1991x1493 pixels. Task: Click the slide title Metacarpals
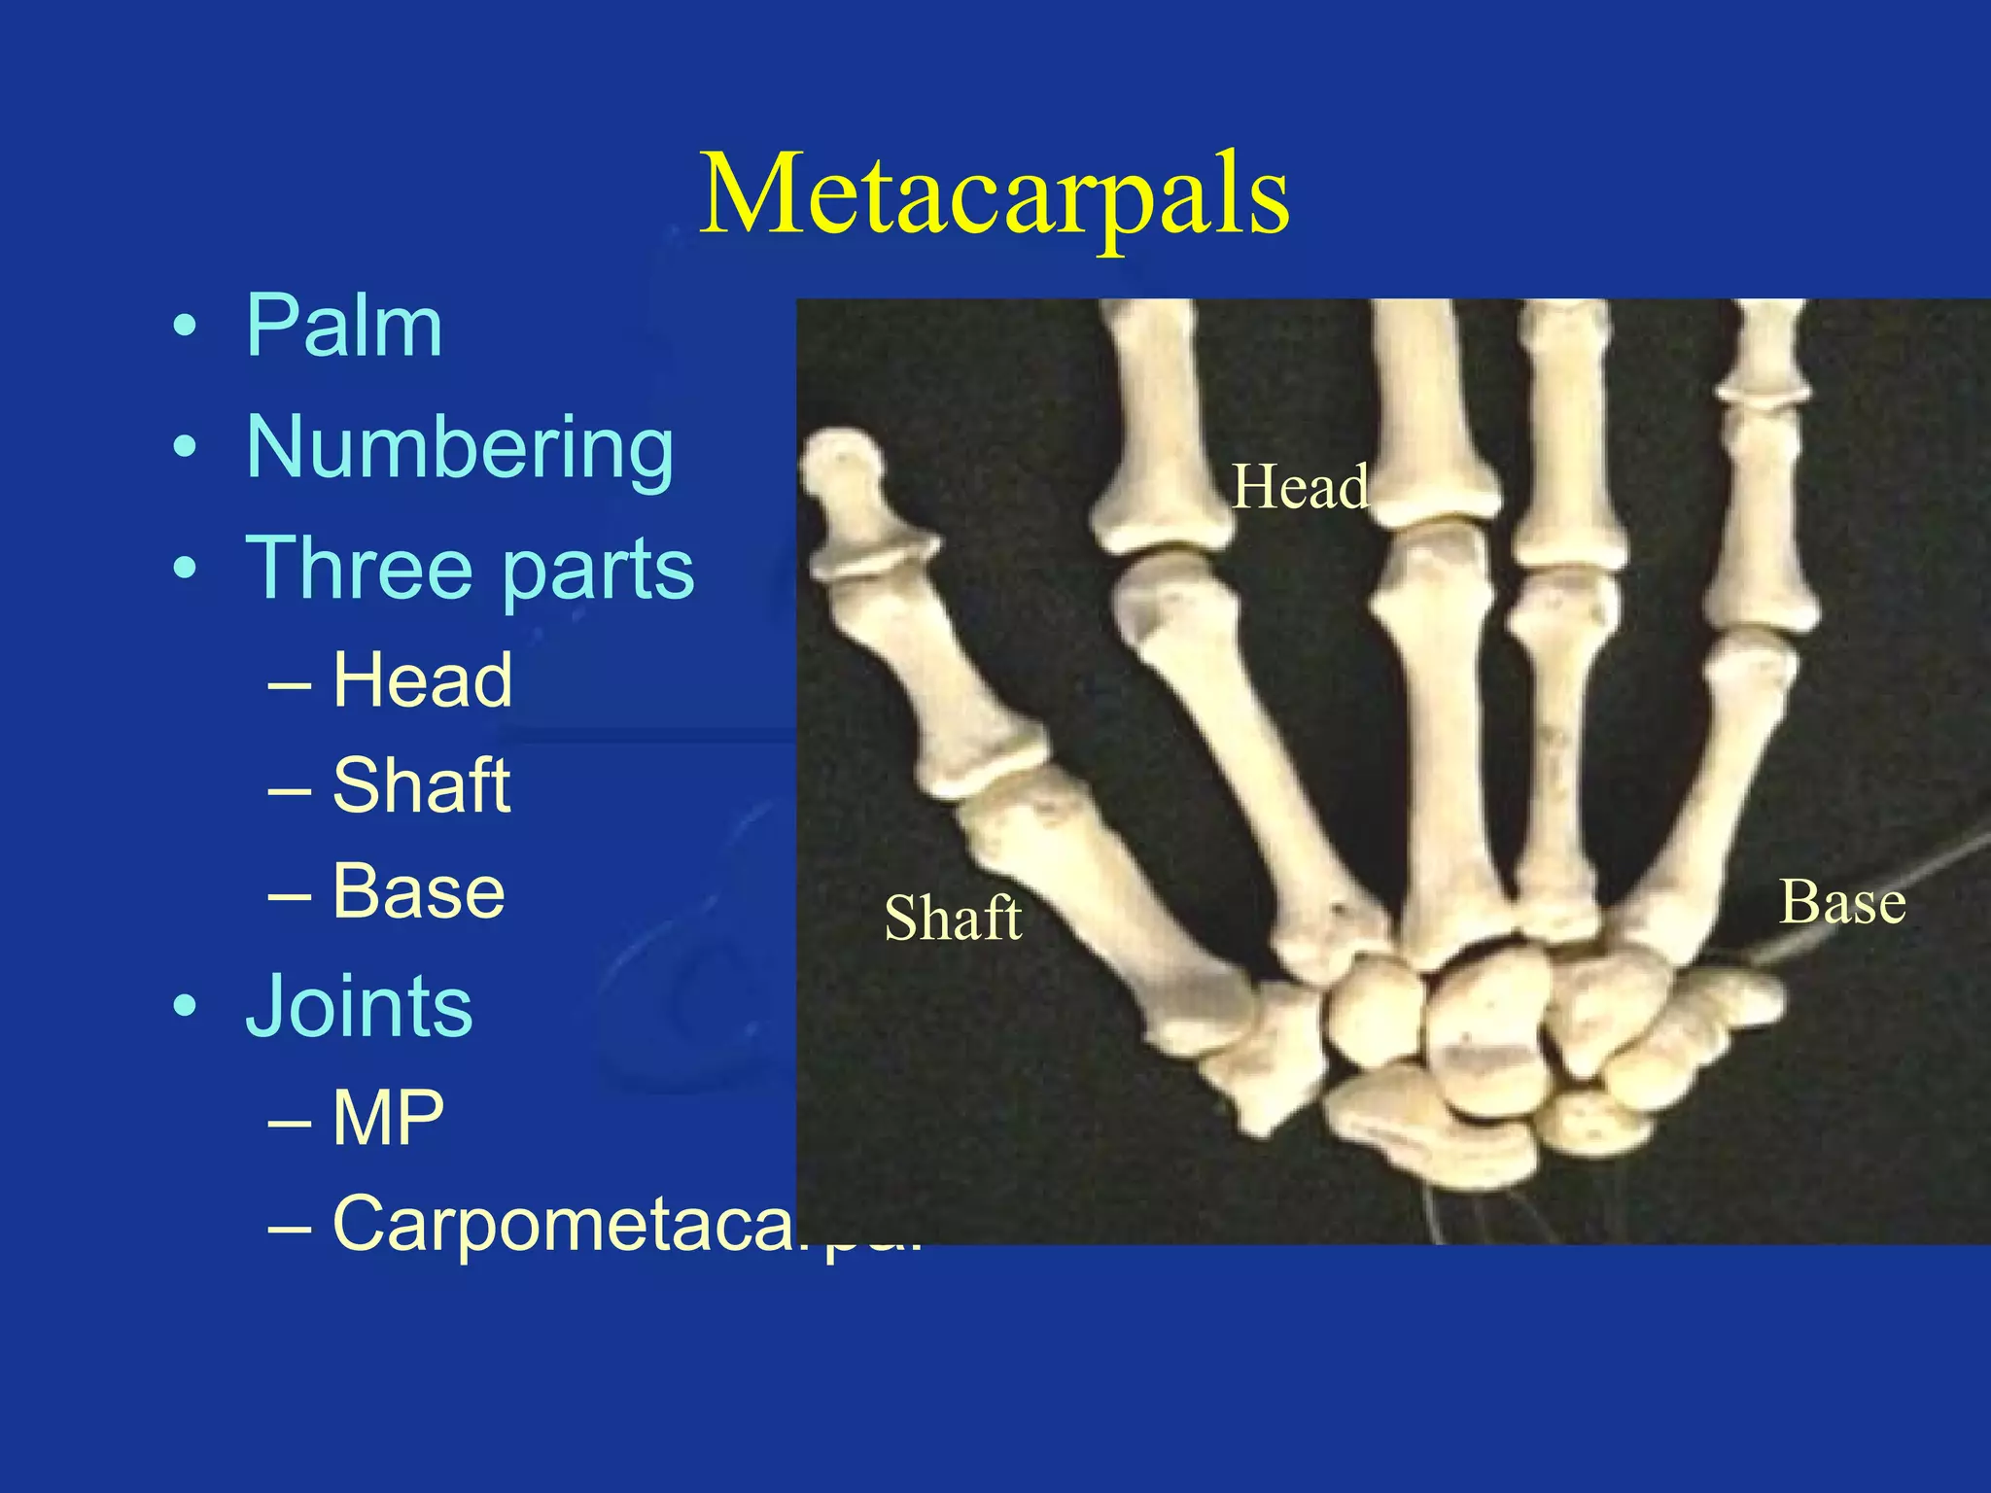[x=994, y=194]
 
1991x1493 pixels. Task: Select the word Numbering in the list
[x=460, y=447]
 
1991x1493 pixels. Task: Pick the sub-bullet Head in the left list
[x=422, y=680]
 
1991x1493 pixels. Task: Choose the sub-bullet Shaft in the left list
[x=421, y=785]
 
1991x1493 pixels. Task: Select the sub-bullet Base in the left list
[x=419, y=890]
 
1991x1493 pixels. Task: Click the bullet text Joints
[x=359, y=1005]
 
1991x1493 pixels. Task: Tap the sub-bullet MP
[x=388, y=1118]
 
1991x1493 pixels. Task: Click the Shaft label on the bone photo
[x=953, y=918]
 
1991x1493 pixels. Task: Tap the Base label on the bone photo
[x=1842, y=902]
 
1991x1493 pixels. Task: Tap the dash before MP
[x=290, y=1120]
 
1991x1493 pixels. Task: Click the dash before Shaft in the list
[x=290, y=787]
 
